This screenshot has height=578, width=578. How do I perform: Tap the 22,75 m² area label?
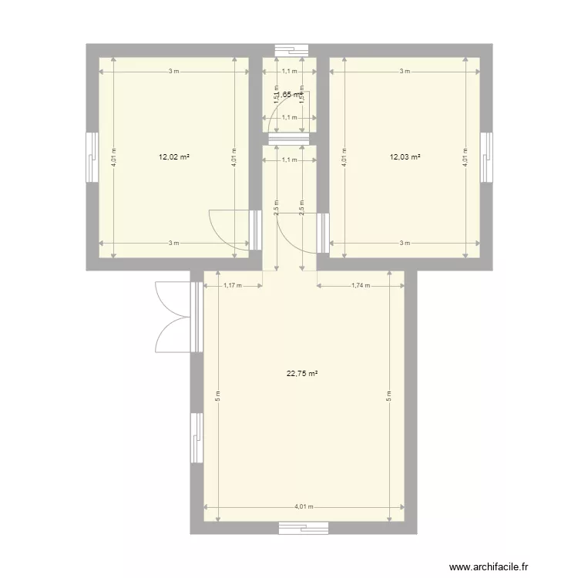pyautogui.click(x=303, y=374)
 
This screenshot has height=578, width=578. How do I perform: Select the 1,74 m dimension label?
pyautogui.click(x=360, y=285)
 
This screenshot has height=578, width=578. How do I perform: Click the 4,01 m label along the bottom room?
pyautogui.click(x=303, y=507)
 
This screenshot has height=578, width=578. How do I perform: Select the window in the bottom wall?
pyautogui.click(x=304, y=529)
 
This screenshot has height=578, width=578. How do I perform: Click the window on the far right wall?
pyautogui.click(x=486, y=157)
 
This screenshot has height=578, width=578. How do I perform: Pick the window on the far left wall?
pyautogui.click(x=92, y=157)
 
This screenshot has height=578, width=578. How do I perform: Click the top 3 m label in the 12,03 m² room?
pyautogui.click(x=405, y=72)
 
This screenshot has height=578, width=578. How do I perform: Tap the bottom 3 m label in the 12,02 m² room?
pyautogui.click(x=174, y=243)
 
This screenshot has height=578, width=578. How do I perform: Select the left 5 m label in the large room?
pyautogui.click(x=217, y=398)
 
